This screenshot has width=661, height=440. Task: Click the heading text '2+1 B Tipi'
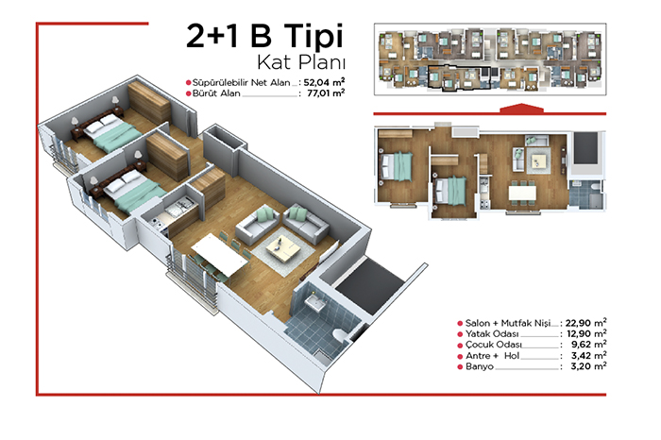[x=264, y=36]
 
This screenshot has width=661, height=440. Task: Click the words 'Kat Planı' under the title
[x=301, y=62]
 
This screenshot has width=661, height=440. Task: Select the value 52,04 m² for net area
[x=324, y=82]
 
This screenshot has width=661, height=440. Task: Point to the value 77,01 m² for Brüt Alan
[x=326, y=93]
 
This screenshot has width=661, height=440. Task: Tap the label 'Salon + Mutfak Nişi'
[x=508, y=323]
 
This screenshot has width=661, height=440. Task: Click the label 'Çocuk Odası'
[x=493, y=345]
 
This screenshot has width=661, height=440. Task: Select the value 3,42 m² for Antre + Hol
[x=588, y=356]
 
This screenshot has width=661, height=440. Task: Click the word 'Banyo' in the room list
[x=480, y=366]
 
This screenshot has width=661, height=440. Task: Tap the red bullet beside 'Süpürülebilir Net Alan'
[x=189, y=82]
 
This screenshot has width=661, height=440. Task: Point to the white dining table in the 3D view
[x=219, y=255]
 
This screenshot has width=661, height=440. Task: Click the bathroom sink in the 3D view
[x=315, y=302]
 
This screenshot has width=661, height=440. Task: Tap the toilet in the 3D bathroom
[x=340, y=334]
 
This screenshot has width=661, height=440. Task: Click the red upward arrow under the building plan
[x=521, y=108]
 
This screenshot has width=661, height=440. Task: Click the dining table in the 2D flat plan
[x=522, y=193]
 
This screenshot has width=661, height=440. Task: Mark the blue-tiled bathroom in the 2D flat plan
[x=586, y=194]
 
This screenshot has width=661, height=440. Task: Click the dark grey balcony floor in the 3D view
[x=370, y=285]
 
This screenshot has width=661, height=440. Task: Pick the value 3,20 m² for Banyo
[x=588, y=366]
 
